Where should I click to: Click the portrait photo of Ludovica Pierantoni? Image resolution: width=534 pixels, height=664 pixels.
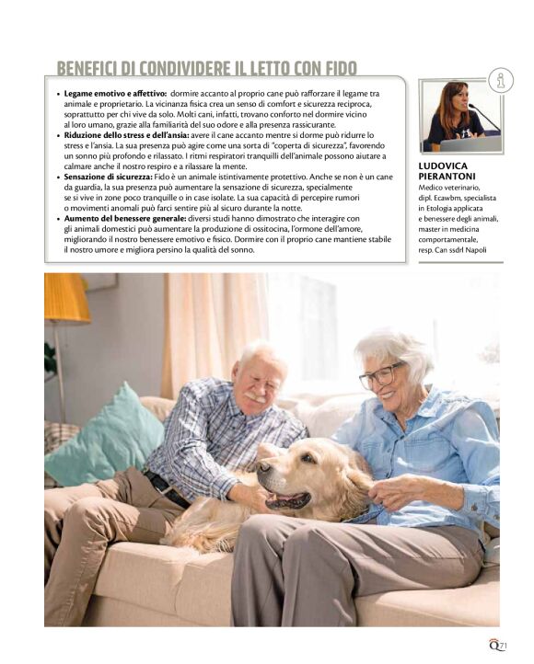[x=460, y=116]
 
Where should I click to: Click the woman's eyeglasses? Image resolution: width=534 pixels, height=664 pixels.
[x=382, y=375]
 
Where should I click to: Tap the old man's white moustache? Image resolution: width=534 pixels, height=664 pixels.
[x=255, y=397]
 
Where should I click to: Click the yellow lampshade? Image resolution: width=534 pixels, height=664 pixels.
[x=66, y=298]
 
